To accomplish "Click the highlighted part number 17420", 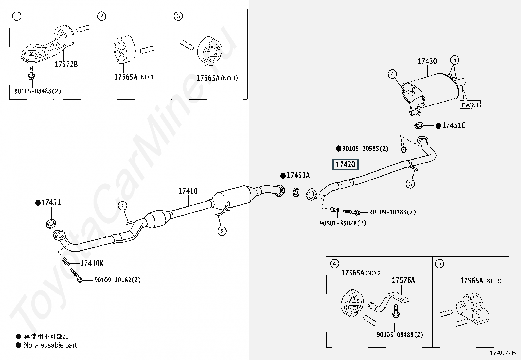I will (x=346, y=164).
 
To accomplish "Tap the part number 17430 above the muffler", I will (x=427, y=61).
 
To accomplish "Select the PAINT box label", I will (x=471, y=105).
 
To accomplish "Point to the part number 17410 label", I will (x=188, y=191).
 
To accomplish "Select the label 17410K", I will (x=92, y=263).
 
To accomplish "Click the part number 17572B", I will (x=66, y=64).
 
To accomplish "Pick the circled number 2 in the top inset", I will (x=101, y=16).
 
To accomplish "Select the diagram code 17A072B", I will (x=502, y=353).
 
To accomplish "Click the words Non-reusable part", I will (x=50, y=345).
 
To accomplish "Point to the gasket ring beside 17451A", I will (x=296, y=192).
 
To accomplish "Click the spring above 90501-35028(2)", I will (x=334, y=210).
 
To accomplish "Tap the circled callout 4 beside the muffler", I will (x=392, y=74).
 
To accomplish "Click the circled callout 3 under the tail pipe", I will (x=410, y=184).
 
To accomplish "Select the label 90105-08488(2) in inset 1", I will (x=38, y=91).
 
